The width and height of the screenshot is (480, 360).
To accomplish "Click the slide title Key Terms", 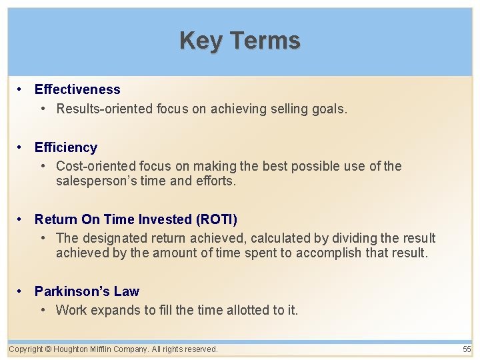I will [x=240, y=41].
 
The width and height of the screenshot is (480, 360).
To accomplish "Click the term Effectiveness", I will [x=77, y=89].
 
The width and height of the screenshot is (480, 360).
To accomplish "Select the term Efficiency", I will [x=66, y=147].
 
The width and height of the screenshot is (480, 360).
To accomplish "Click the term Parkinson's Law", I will [x=87, y=291].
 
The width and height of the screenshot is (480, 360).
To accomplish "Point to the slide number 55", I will [x=466, y=349].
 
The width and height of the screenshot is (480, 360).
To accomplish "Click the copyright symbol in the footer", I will [x=49, y=349].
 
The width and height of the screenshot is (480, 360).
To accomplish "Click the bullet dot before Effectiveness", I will [x=21, y=89].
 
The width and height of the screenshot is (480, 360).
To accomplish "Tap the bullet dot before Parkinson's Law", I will [x=21, y=291].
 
